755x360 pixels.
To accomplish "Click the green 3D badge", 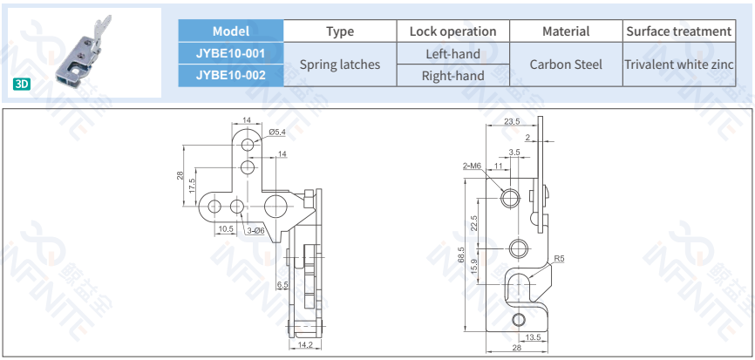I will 22,85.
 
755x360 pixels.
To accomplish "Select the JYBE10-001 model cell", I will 231,53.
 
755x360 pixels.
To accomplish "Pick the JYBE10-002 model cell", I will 231,75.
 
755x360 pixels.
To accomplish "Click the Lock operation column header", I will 452,31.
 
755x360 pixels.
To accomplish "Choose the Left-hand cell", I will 452,53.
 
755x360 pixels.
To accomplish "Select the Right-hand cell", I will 452,75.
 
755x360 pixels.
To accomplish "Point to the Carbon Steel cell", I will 566,65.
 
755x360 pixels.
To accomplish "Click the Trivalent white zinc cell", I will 678,65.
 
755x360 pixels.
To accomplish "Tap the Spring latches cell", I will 340,65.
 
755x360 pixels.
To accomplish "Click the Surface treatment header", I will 678,31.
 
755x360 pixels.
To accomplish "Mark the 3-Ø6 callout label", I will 255,230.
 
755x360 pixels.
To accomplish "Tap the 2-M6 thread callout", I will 473,165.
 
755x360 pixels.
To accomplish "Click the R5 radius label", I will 560,258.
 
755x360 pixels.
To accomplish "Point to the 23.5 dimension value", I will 512,121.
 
